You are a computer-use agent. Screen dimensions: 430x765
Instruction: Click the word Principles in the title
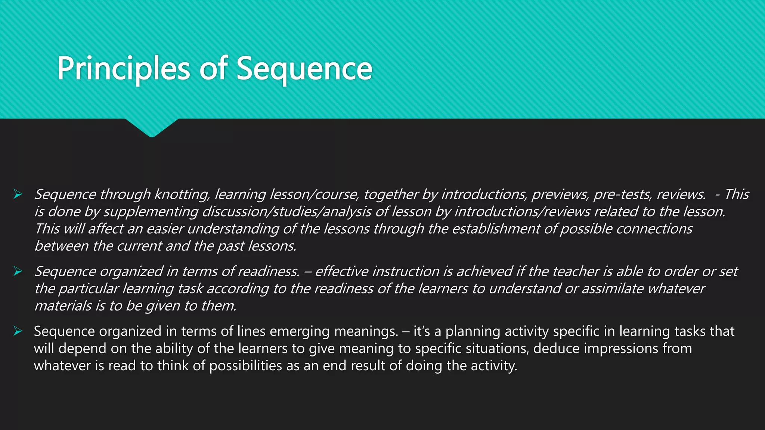pyautogui.click(x=124, y=69)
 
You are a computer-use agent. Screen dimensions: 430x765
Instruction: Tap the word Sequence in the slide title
pyautogui.click(x=304, y=69)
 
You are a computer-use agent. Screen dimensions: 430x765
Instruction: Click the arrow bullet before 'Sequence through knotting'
pyautogui.click(x=18, y=194)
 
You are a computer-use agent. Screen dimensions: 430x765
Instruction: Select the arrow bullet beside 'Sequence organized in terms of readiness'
pyautogui.click(x=18, y=271)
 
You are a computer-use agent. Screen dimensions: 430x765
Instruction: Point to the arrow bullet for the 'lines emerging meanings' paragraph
pyautogui.click(x=18, y=331)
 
